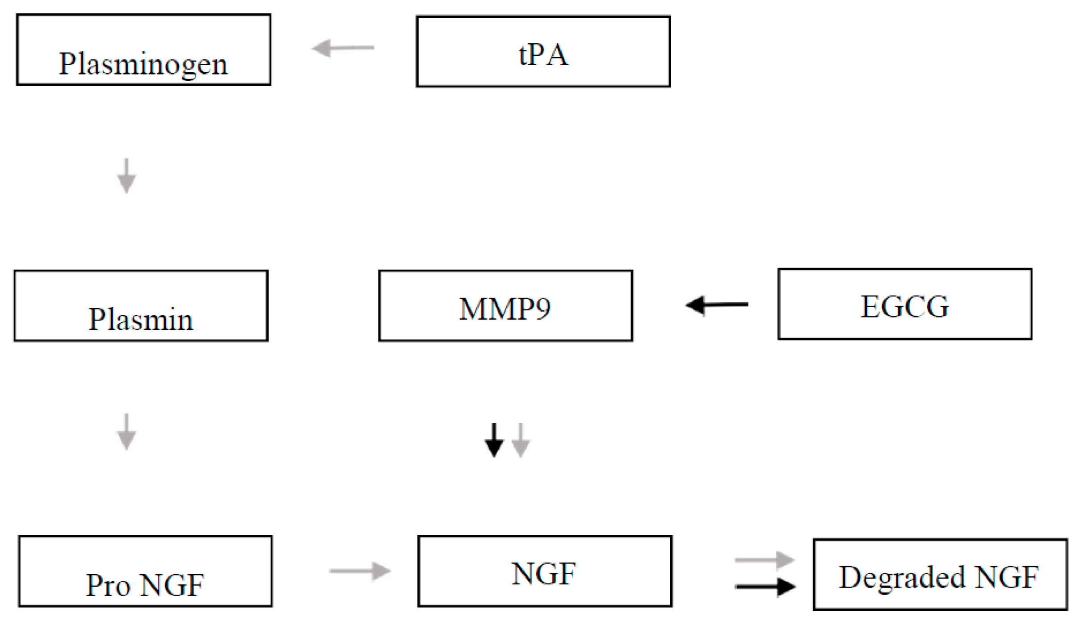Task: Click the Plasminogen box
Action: pos(143,50)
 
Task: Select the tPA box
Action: pos(543,51)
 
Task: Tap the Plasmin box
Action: pos(141,306)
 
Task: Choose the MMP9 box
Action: pos(505,306)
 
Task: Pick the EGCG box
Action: pos(905,304)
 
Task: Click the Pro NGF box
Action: pos(145,571)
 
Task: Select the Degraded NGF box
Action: pos(940,574)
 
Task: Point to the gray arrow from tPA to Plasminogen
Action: pos(343,48)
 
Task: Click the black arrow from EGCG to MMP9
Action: pos(717,305)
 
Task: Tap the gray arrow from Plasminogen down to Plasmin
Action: pos(126,176)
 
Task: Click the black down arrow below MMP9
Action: pos(494,440)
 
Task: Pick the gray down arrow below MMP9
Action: pos(521,440)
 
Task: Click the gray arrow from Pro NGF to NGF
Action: pos(360,571)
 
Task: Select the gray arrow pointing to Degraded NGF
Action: pos(765,560)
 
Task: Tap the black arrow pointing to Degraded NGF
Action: pos(765,587)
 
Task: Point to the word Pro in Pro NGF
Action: pos(108,585)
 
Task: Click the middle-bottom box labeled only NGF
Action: pos(545,571)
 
